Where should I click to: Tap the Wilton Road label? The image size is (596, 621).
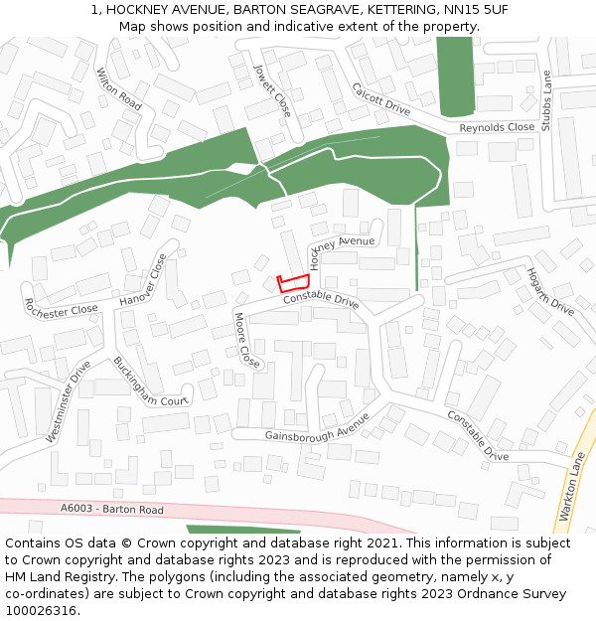118,87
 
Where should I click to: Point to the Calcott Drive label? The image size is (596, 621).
380,100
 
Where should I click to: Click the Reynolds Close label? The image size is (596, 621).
497,128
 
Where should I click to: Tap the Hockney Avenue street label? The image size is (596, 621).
340,249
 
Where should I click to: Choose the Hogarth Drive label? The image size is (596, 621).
550,291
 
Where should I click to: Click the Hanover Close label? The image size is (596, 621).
144,281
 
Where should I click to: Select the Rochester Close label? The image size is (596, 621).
62,307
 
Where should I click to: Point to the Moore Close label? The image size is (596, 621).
246,340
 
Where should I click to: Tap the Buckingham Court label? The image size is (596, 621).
150,383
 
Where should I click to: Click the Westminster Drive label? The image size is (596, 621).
69,400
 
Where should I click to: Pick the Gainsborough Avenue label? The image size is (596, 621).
317,430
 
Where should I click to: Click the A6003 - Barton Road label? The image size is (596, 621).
111,509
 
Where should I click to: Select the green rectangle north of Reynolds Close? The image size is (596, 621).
455,75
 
